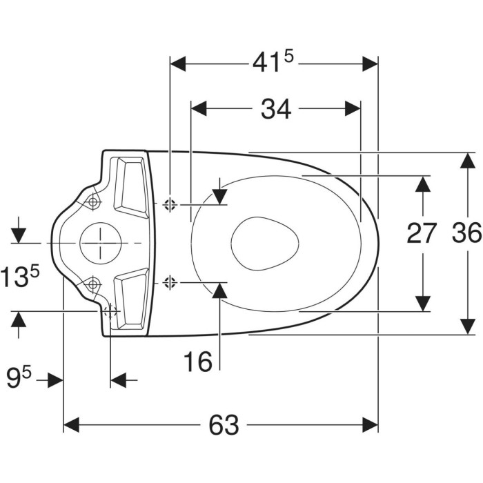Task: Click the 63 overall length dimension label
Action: [224, 425]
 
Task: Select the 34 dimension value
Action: [276, 109]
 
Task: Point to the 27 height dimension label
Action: [422, 233]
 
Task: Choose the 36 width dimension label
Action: [466, 233]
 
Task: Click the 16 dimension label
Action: [198, 362]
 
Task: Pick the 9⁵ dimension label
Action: [19, 379]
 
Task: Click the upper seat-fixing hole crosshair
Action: [170, 204]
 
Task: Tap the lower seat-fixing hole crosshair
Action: [170, 282]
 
